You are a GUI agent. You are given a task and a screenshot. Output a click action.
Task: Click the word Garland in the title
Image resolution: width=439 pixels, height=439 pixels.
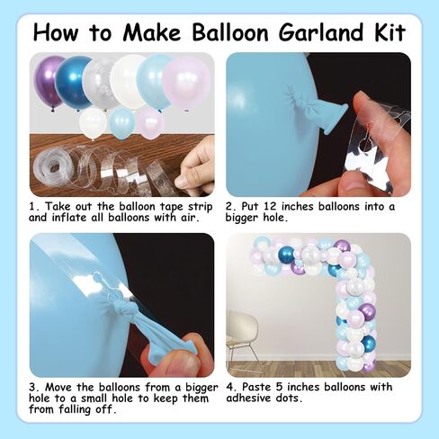320,32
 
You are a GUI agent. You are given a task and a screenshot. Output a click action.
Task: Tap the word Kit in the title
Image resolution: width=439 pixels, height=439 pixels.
390,32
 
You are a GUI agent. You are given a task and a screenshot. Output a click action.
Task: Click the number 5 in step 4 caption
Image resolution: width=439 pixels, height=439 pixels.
280,387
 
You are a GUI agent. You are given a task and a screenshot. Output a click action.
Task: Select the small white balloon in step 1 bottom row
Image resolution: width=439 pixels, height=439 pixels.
93,123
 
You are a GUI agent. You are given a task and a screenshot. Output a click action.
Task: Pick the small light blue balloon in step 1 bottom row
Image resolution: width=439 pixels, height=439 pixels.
121,124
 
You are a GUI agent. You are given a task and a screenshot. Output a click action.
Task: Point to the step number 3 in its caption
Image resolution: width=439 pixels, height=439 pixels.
32,388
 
